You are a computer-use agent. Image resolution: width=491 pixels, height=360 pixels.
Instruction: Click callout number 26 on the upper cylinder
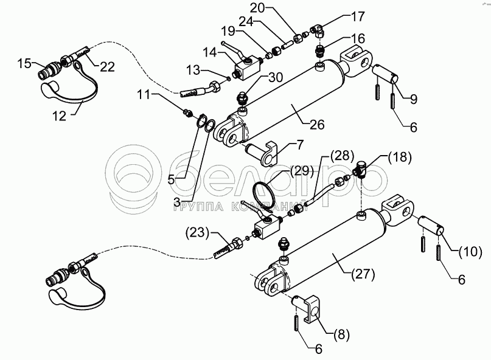pos(316,125)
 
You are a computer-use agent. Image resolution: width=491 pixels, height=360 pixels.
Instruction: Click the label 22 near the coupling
pos(107,67)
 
